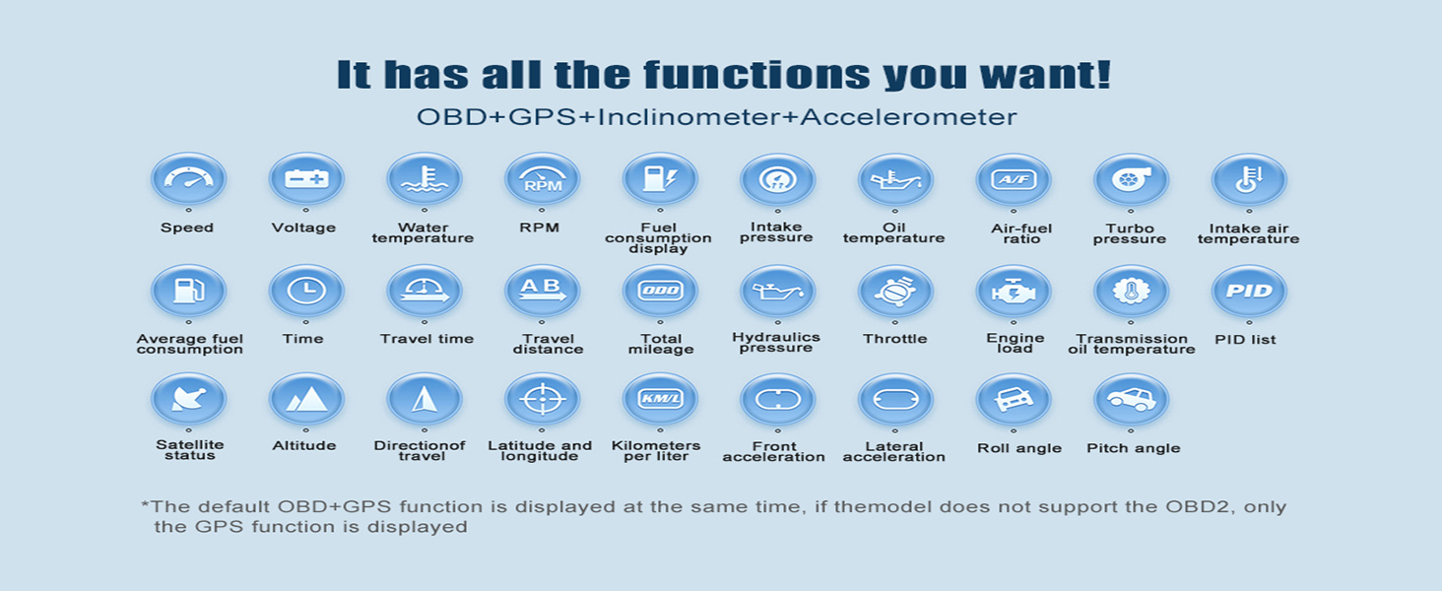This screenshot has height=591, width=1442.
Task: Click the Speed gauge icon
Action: [x=188, y=179]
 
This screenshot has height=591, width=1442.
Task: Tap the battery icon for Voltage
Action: [x=305, y=179]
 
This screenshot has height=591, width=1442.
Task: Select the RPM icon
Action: [x=542, y=179]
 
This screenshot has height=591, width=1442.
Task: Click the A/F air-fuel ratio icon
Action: [x=1014, y=179]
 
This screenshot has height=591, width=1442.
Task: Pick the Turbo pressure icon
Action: [x=1131, y=179]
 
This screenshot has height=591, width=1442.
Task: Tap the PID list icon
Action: [x=1249, y=291]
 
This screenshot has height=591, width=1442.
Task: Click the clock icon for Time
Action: [x=305, y=291]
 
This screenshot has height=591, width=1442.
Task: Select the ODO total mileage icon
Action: [x=660, y=291]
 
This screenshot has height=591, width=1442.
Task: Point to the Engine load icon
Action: [x=1014, y=292]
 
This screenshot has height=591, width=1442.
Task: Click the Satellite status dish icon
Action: [x=188, y=399]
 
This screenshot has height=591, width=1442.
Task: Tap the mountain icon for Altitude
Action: [x=305, y=399]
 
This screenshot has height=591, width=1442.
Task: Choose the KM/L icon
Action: [x=660, y=399]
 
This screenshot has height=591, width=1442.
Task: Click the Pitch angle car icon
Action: [x=1131, y=400]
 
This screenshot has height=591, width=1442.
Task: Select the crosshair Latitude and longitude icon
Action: [x=542, y=399]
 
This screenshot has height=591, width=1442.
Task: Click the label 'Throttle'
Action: [x=894, y=339]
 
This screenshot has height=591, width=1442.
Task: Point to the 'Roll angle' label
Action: [x=1019, y=448]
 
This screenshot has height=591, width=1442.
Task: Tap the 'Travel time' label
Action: [x=426, y=339]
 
